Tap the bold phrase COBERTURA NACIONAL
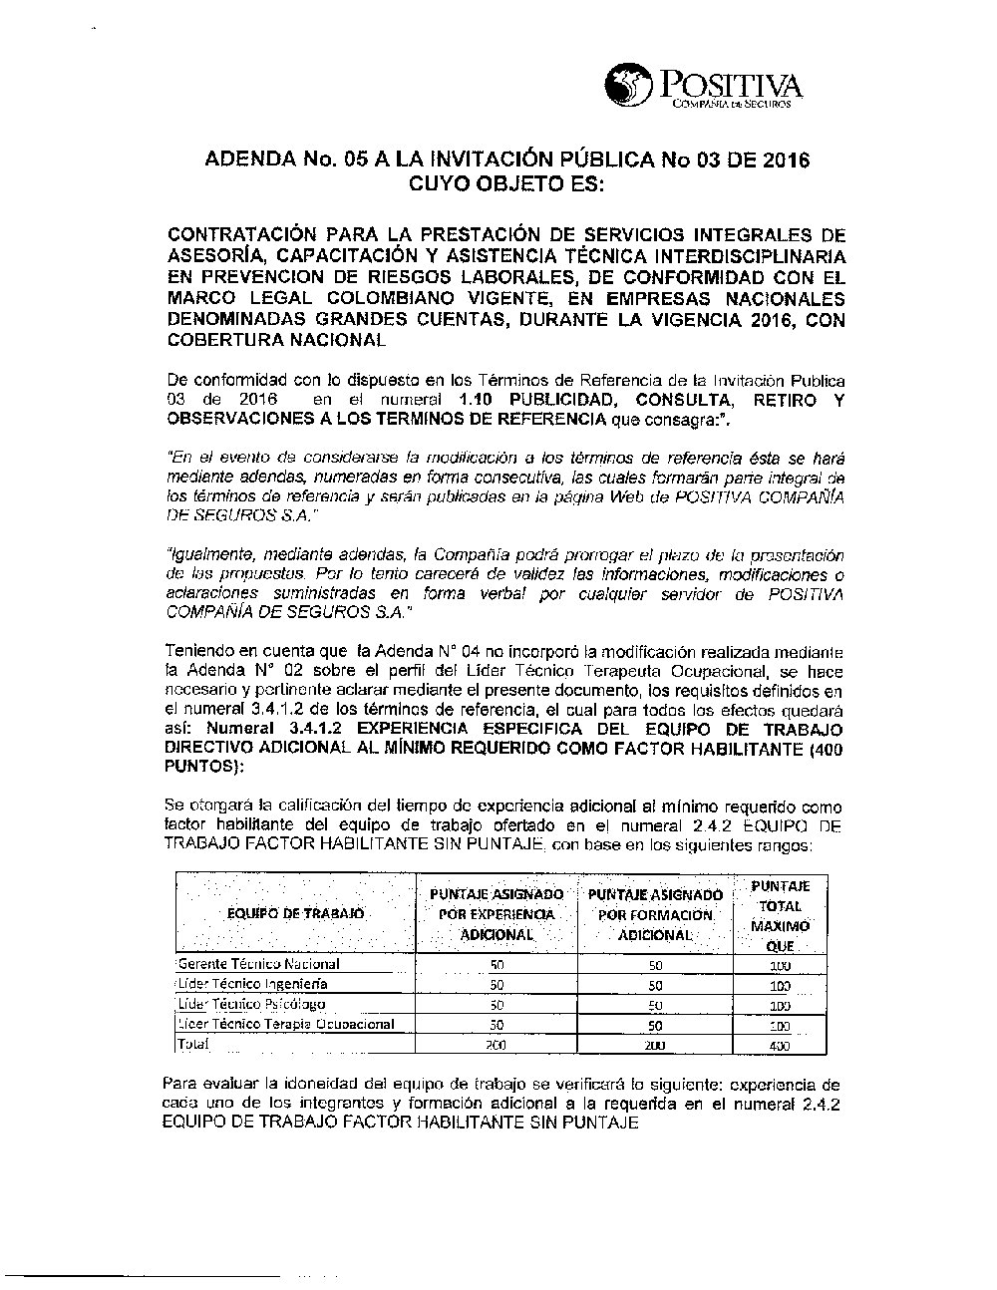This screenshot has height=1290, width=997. (x=276, y=340)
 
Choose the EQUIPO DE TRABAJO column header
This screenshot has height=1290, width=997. (x=295, y=913)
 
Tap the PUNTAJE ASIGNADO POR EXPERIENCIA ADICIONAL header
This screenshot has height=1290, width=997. (x=497, y=914)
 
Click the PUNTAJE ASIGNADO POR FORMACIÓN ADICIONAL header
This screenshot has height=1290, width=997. (x=655, y=914)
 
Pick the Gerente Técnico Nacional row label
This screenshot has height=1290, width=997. (x=258, y=964)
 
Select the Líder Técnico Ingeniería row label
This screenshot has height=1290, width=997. (x=252, y=984)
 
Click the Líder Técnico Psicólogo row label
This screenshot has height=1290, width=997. (x=251, y=1004)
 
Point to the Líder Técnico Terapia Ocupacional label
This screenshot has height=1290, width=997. (x=286, y=1024)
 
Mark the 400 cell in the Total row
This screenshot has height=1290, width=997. (x=780, y=1046)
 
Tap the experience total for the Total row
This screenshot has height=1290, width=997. (x=497, y=1046)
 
